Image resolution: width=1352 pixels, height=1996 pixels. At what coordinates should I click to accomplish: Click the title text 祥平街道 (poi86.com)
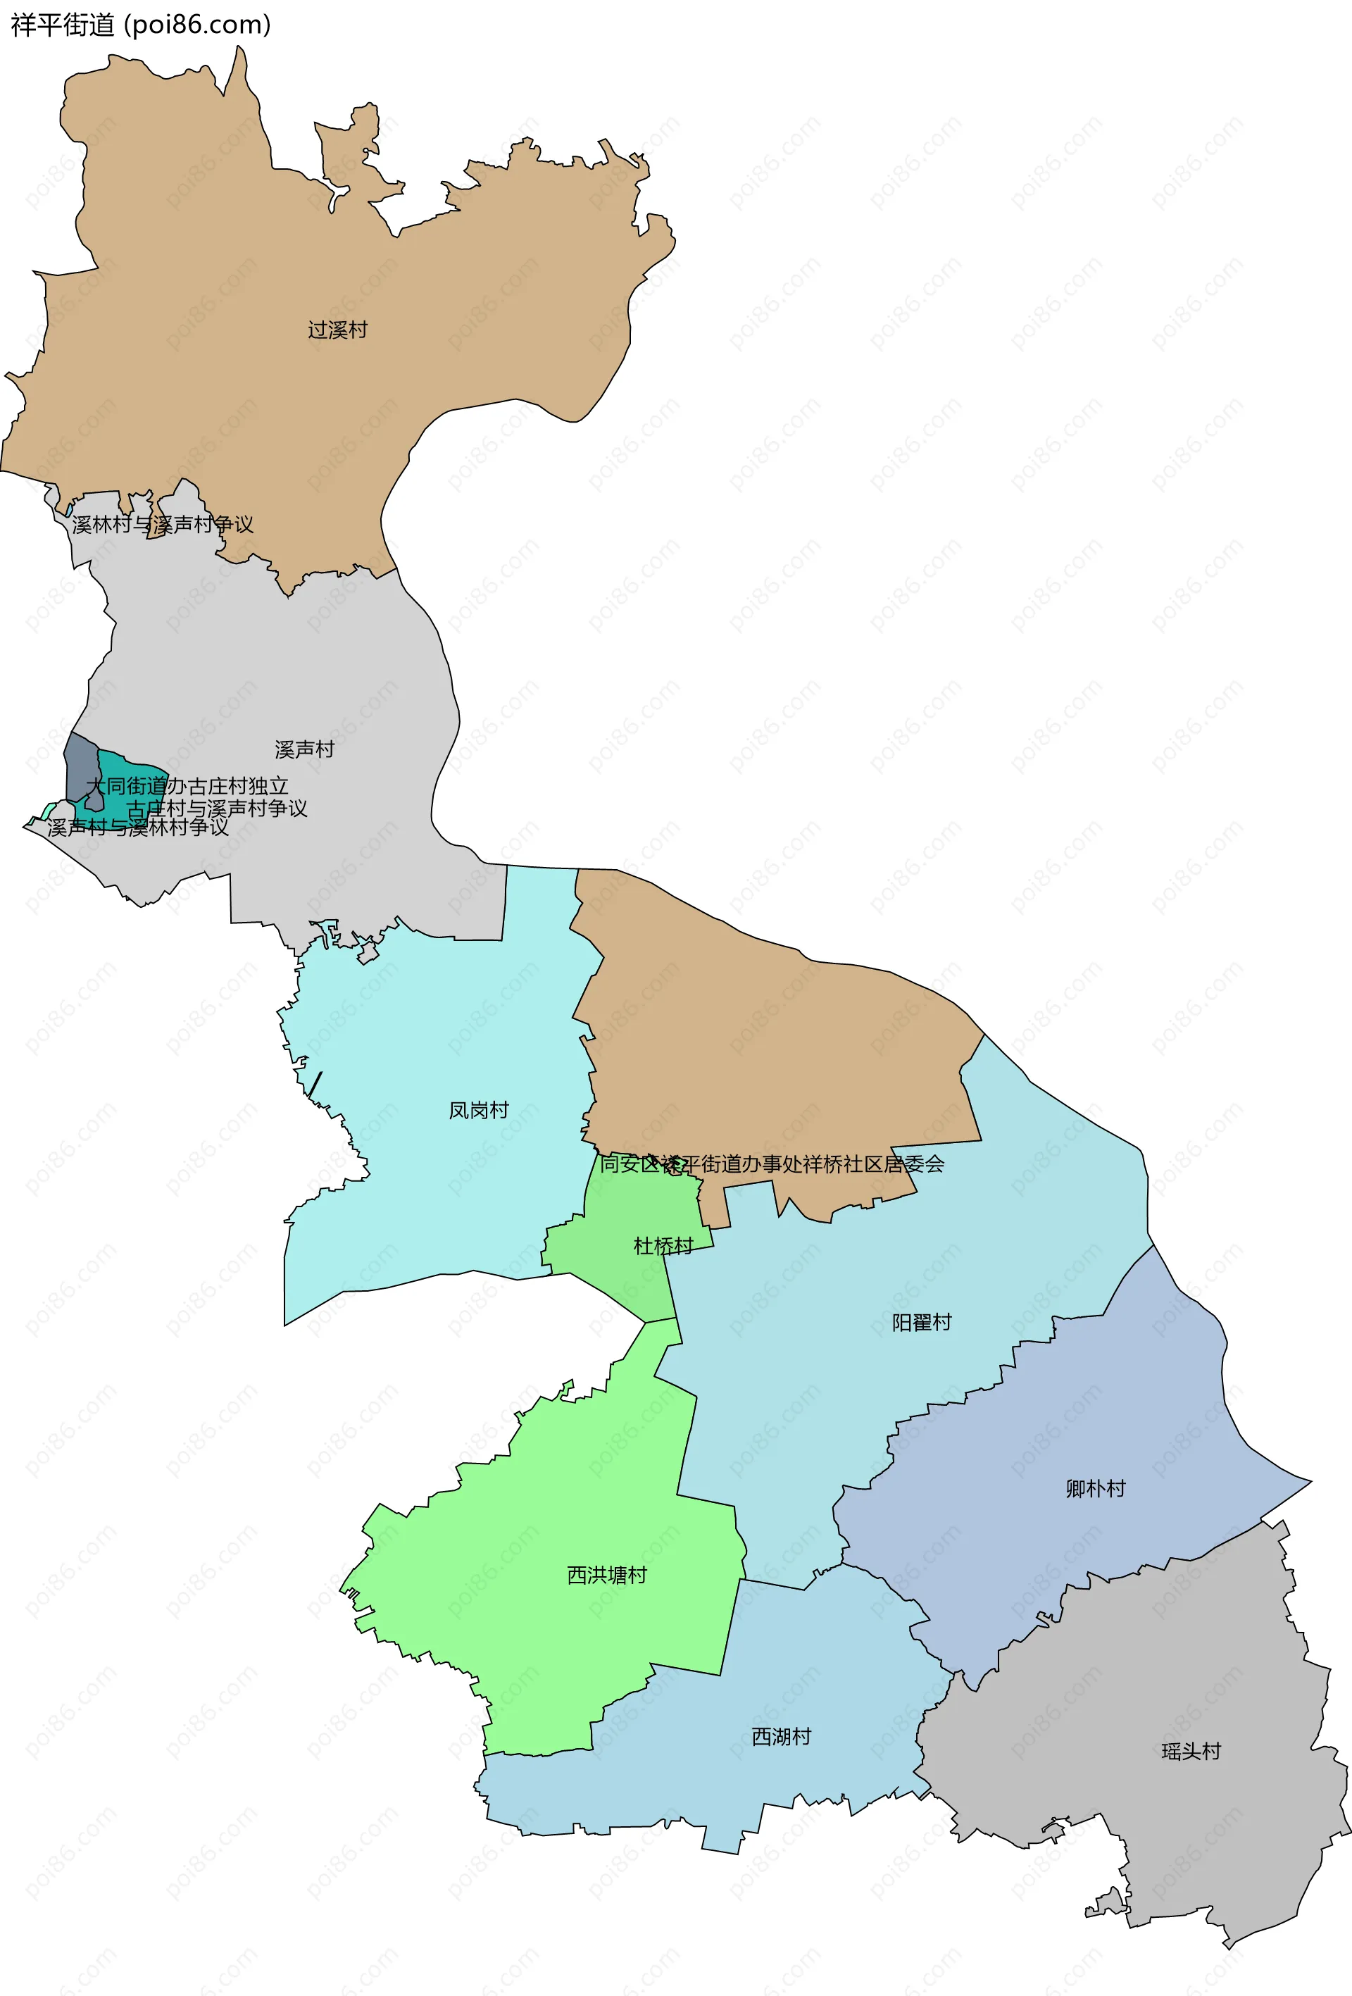(x=141, y=25)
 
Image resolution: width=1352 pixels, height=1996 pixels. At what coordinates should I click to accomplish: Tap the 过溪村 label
(x=337, y=330)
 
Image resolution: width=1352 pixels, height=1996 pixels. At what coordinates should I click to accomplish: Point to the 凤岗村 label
(x=478, y=1111)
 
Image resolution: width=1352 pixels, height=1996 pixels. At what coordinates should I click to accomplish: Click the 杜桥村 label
(x=663, y=1246)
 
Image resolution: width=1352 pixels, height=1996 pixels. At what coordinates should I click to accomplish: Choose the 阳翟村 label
(x=922, y=1323)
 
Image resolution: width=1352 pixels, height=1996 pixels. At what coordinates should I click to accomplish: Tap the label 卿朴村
(x=1095, y=1488)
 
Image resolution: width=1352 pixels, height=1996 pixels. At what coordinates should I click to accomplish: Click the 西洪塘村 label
(x=606, y=1575)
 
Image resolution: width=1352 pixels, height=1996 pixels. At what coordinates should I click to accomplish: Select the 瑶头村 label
(x=1191, y=1751)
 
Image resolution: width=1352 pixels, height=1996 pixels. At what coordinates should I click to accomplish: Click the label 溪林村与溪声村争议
(x=163, y=524)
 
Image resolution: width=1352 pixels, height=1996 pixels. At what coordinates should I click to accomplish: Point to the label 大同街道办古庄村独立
(x=187, y=786)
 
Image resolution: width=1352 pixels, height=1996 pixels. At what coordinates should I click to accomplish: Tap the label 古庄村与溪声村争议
(x=216, y=809)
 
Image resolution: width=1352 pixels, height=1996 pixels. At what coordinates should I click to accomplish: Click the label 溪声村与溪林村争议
(x=138, y=827)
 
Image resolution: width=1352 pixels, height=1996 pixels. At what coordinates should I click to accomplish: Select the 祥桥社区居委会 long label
(x=771, y=1164)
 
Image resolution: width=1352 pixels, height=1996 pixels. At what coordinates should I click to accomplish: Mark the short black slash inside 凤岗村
(x=315, y=1084)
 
